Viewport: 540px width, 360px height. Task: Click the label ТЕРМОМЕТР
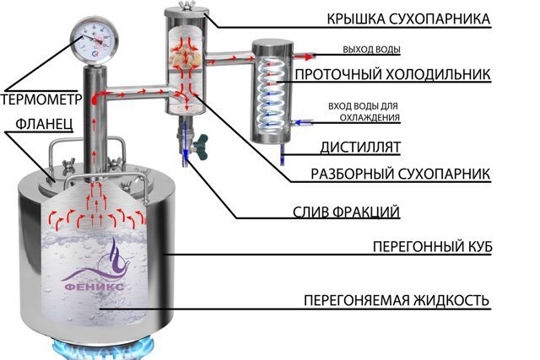tap(40, 99)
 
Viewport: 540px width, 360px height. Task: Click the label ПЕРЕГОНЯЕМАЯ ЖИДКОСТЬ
tap(397, 301)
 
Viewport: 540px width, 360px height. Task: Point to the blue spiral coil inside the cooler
tap(269, 93)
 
